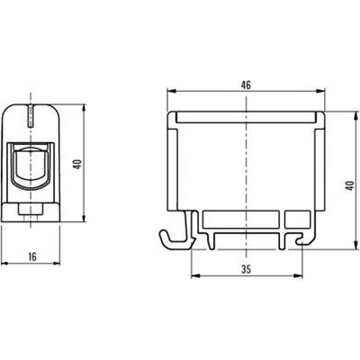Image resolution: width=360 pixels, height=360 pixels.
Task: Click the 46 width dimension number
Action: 246,85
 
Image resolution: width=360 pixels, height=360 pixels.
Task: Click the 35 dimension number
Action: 247,270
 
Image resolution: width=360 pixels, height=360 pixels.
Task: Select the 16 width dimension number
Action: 32,256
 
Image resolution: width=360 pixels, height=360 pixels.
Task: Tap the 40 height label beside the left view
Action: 78,164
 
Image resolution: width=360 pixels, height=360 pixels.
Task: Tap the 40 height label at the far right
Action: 349,185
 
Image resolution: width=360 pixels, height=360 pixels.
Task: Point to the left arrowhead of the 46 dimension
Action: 171,90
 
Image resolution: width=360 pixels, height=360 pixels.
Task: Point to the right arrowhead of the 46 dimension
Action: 321,90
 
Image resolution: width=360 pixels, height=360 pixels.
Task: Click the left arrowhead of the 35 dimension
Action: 195,275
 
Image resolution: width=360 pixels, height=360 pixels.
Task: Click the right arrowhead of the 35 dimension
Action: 298,275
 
